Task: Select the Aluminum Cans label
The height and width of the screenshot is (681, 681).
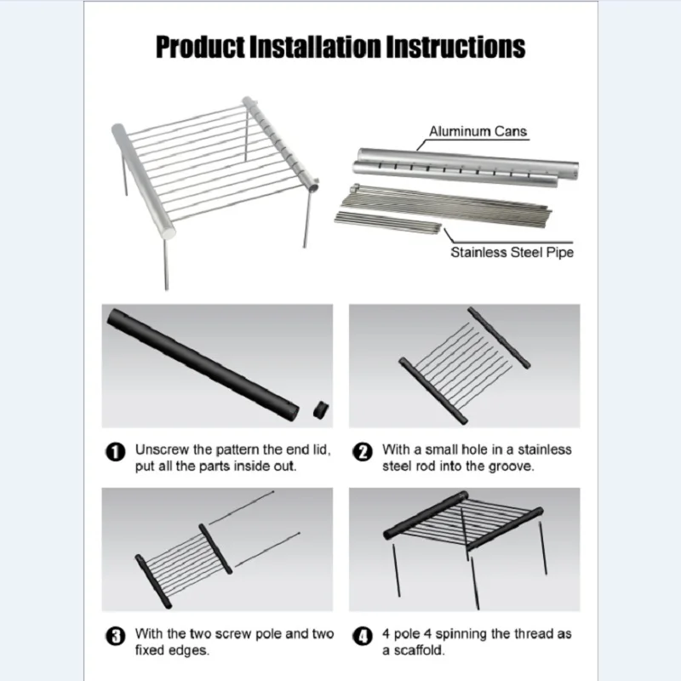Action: pyautogui.click(x=478, y=131)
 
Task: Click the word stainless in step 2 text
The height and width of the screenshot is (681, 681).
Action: pyautogui.click(x=544, y=449)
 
